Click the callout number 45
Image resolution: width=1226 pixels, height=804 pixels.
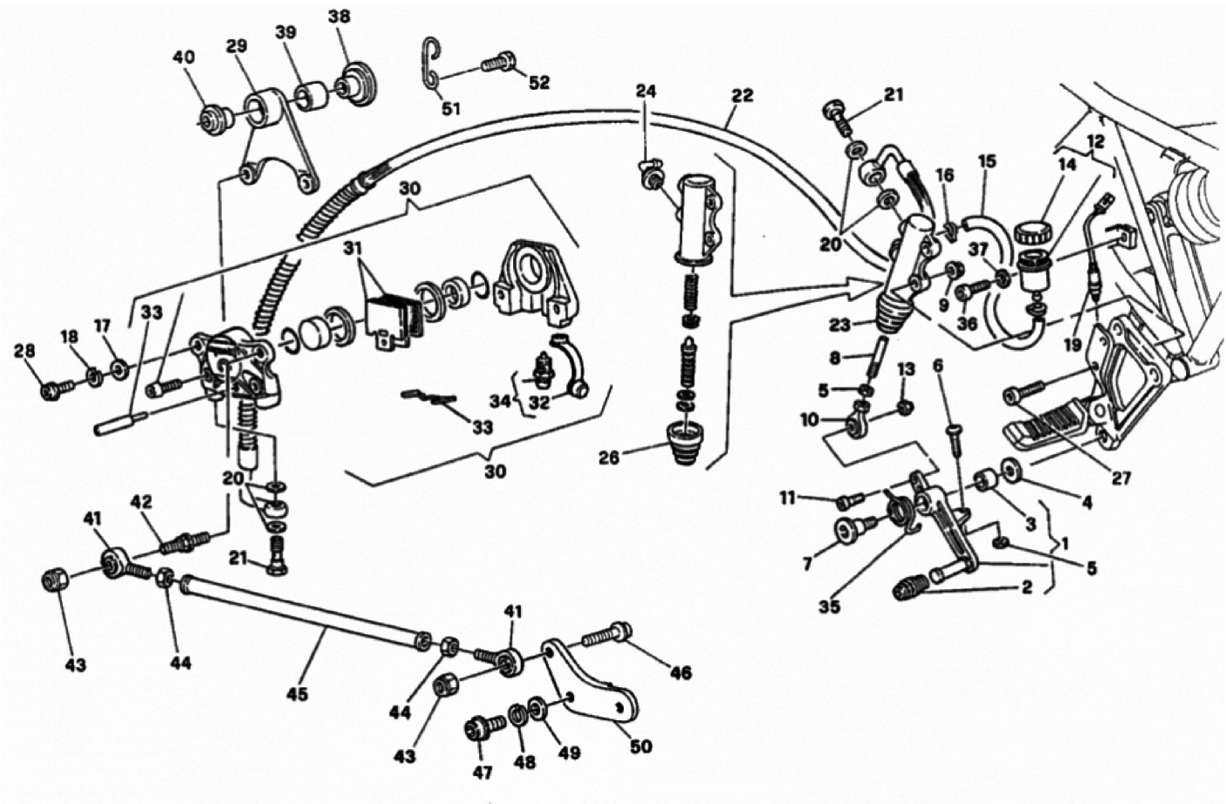pyautogui.click(x=298, y=694)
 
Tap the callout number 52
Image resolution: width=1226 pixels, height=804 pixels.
pyautogui.click(x=538, y=82)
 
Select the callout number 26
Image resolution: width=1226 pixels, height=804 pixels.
pyautogui.click(x=610, y=457)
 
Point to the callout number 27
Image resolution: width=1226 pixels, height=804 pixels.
pyautogui.click(x=1120, y=478)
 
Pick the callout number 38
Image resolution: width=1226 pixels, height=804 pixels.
pyautogui.click(x=339, y=17)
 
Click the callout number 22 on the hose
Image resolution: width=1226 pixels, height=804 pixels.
pyautogui.click(x=742, y=96)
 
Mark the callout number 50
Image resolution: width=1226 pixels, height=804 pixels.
pyautogui.click(x=640, y=746)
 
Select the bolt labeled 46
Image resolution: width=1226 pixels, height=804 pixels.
pyautogui.click(x=606, y=635)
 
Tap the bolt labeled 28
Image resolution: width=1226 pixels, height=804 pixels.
pyautogui.click(x=57, y=390)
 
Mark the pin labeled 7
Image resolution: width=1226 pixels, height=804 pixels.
pyautogui.click(x=854, y=530)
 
